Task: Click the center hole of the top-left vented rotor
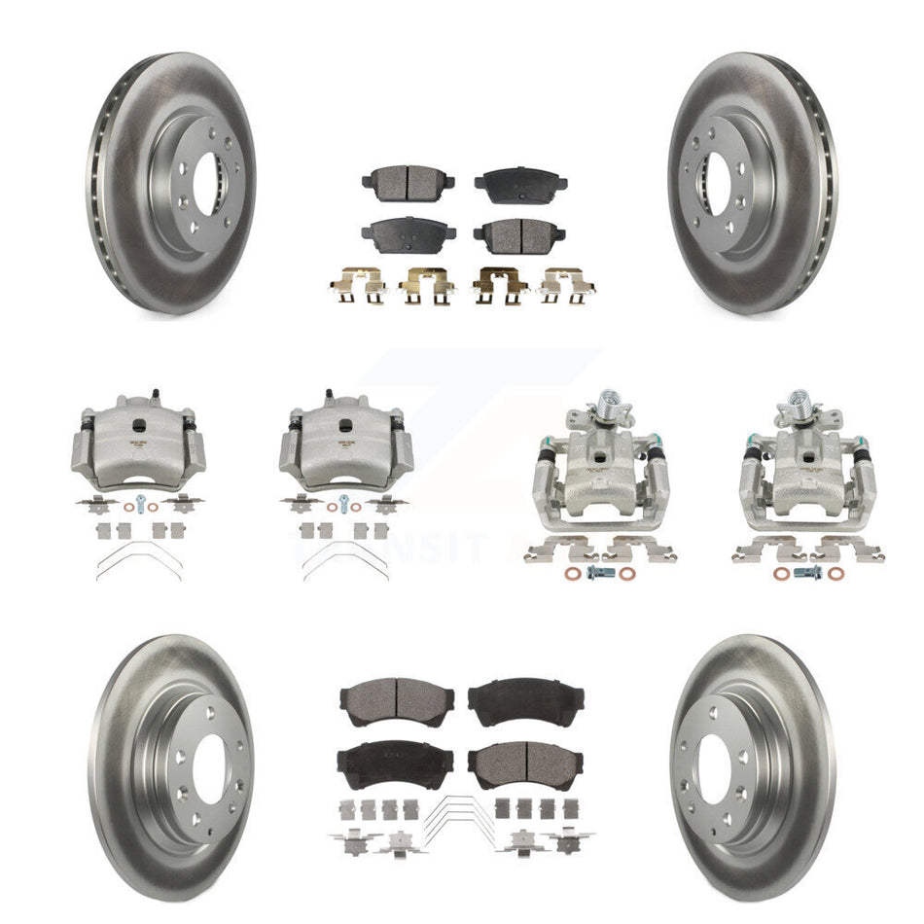(x=207, y=181)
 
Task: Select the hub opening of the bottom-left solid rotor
(x=210, y=767)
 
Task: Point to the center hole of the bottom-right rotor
(x=715, y=767)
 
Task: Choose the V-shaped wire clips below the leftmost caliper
(x=138, y=560)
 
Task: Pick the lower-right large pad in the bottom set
(x=525, y=765)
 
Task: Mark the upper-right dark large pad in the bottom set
(x=525, y=697)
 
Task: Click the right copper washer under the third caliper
(x=626, y=573)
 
